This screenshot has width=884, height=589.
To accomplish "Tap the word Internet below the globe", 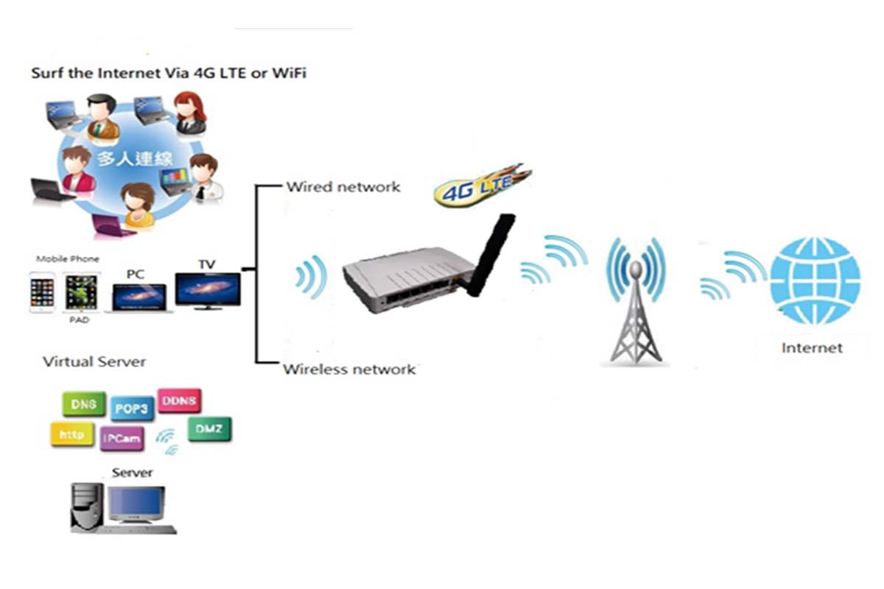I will pyautogui.click(x=812, y=348).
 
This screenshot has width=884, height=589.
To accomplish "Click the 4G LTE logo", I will pyautogui.click(x=480, y=187).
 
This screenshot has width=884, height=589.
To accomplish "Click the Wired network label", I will pyautogui.click(x=343, y=187).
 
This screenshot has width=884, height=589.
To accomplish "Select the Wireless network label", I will pyautogui.click(x=349, y=369).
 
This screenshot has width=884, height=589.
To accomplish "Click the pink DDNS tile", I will pyautogui.click(x=179, y=401).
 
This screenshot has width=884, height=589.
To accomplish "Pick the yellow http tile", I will pyautogui.click(x=71, y=435).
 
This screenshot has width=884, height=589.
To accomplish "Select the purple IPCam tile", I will pyautogui.click(x=122, y=439).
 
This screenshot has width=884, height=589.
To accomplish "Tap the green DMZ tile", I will pyautogui.click(x=209, y=428).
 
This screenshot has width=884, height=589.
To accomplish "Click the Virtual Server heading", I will pyautogui.click(x=94, y=361).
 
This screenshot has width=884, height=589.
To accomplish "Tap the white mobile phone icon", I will pyautogui.click(x=42, y=292).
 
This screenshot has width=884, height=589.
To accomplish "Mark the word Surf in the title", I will pyautogui.click(x=45, y=74).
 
